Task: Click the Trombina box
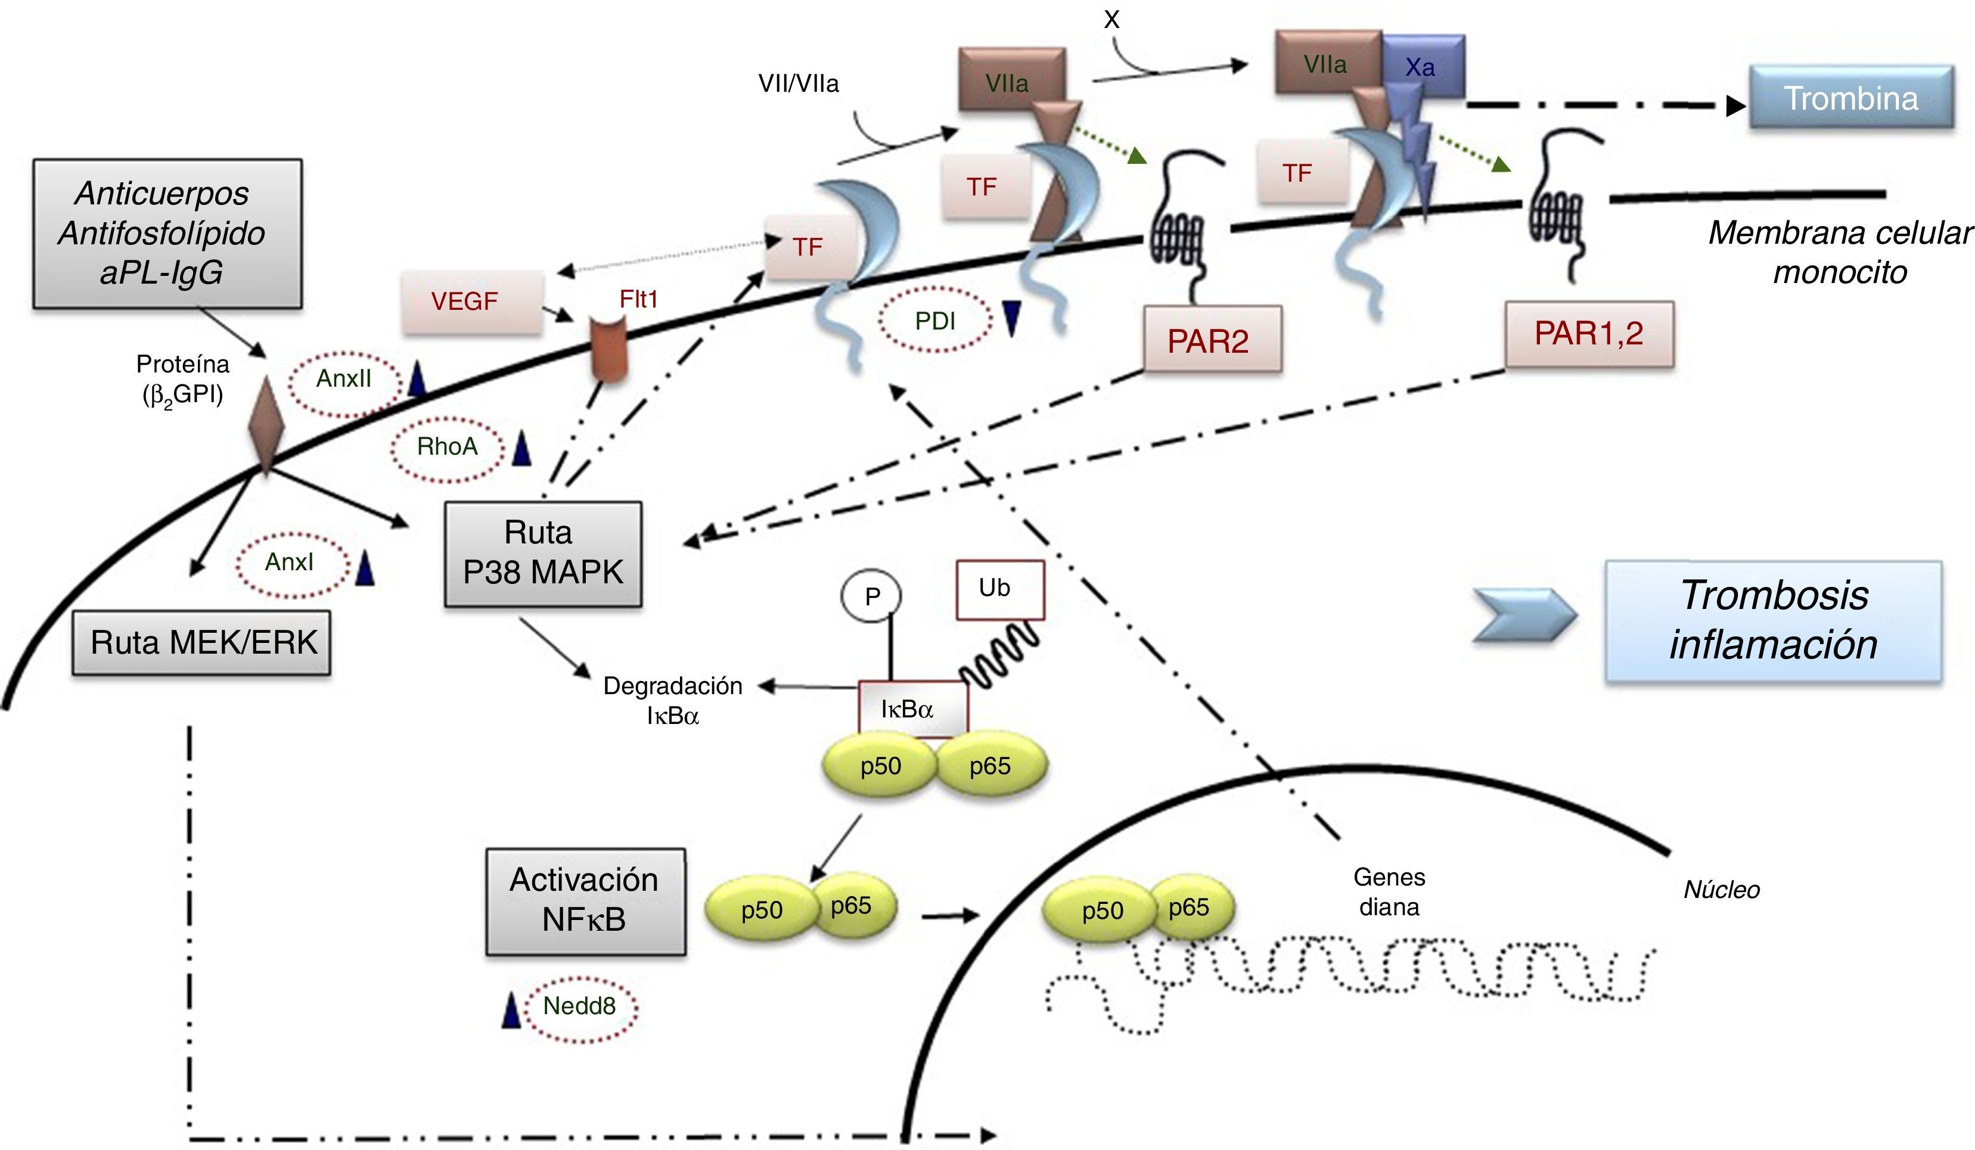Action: tap(1850, 97)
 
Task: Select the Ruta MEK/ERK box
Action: tap(201, 643)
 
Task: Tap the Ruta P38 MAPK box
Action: tap(542, 553)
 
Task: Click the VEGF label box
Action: tap(472, 302)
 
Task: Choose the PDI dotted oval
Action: tap(936, 321)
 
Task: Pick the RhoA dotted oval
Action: tap(447, 447)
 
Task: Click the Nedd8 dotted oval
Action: tap(580, 1006)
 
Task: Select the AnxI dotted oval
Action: tap(290, 562)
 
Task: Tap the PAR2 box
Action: tap(1212, 339)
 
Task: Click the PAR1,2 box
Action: tap(1589, 334)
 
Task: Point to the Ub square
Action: tap(999, 589)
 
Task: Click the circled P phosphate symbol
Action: tap(871, 597)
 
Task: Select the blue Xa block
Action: tap(1423, 67)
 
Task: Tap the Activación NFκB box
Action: tap(585, 901)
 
